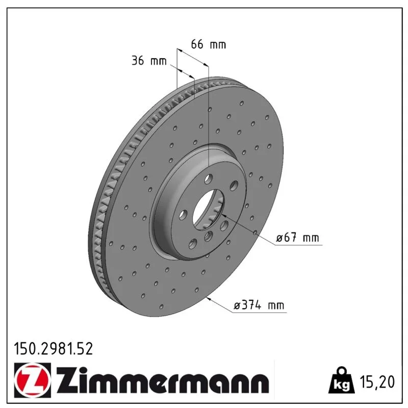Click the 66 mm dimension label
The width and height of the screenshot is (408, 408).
209,44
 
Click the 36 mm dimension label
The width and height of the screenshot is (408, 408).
149,60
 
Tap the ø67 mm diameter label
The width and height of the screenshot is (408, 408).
297,238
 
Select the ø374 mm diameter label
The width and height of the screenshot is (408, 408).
259,305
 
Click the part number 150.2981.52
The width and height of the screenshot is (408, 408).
54,349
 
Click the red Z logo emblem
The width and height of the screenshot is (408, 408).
33,380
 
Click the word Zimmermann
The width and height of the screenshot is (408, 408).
163,380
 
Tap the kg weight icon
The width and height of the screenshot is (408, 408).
342,380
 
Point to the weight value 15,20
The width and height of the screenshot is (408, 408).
377,381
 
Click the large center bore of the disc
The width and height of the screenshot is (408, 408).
208,210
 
